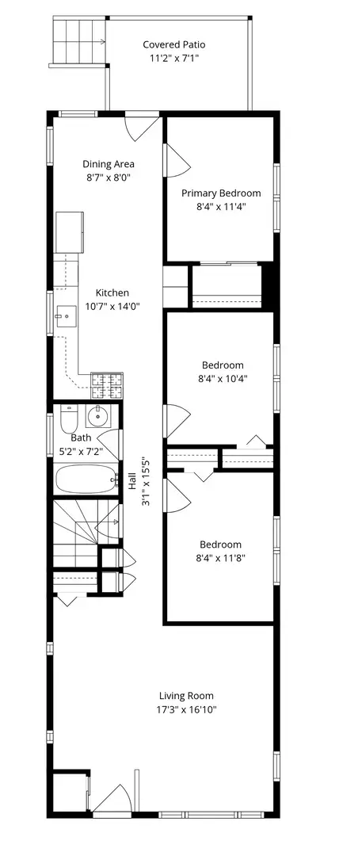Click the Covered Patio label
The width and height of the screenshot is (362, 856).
[x=173, y=45]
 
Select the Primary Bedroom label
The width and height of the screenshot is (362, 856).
[x=221, y=193]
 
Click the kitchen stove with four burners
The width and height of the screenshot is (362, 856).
[x=108, y=386]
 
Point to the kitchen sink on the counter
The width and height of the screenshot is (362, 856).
[x=66, y=318]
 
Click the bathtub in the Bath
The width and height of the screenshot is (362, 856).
[x=85, y=478]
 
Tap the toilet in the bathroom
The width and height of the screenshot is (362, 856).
[x=67, y=417]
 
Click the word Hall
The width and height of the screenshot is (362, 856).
[x=132, y=481]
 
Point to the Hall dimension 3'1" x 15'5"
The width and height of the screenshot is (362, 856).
[x=146, y=486]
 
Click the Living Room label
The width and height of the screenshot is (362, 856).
[x=186, y=696]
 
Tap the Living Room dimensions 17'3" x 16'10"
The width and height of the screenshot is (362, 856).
[x=186, y=710]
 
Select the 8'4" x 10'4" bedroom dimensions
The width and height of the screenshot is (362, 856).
[x=222, y=379]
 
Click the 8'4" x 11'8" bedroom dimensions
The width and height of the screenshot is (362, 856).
[x=221, y=558]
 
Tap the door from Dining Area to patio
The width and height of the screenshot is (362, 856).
[x=142, y=127]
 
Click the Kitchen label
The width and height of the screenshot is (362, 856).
[x=112, y=292]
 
